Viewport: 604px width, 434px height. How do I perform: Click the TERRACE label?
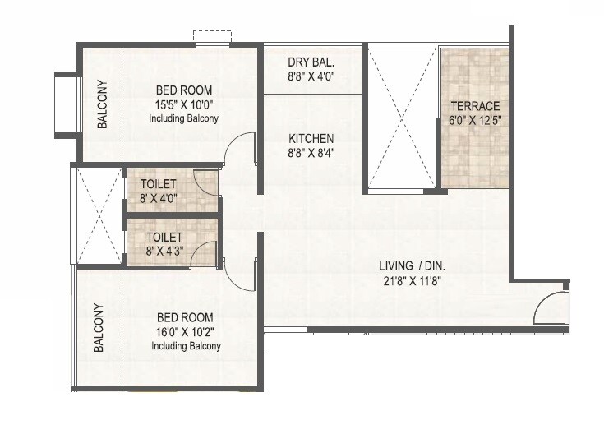474,107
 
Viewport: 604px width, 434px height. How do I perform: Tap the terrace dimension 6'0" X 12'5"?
474,120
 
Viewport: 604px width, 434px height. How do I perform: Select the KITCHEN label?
311,138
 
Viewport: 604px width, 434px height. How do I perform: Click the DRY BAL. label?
311,62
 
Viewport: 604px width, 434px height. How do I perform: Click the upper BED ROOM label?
184,90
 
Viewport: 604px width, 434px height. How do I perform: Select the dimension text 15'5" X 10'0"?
184,104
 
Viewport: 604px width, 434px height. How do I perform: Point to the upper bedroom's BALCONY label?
102,104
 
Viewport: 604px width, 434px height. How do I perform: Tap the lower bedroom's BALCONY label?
99,328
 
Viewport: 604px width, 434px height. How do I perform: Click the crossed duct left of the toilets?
97,215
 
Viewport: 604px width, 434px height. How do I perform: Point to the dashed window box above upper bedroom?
213,38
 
